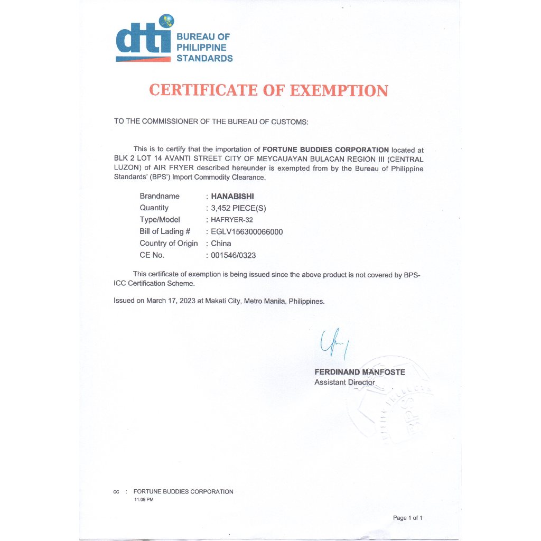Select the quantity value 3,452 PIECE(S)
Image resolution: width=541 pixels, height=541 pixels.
[x=238, y=208]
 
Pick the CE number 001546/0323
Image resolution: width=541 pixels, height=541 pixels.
[x=234, y=255]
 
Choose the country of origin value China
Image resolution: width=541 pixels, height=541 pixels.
[x=221, y=244]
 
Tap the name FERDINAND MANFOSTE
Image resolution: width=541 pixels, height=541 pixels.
[x=360, y=372]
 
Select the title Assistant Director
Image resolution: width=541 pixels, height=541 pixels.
[x=344, y=382]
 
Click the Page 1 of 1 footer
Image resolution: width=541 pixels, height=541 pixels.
[x=407, y=518]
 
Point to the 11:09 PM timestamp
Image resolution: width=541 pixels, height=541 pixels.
[x=144, y=499]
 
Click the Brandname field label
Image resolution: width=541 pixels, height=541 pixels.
[x=160, y=197]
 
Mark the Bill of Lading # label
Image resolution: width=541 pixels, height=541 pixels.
[x=165, y=231]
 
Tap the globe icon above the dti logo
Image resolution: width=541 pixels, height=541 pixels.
[x=167, y=22]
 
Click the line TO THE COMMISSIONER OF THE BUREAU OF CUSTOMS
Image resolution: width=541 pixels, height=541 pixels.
[x=211, y=122]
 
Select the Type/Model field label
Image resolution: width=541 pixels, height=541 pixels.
[x=160, y=220]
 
